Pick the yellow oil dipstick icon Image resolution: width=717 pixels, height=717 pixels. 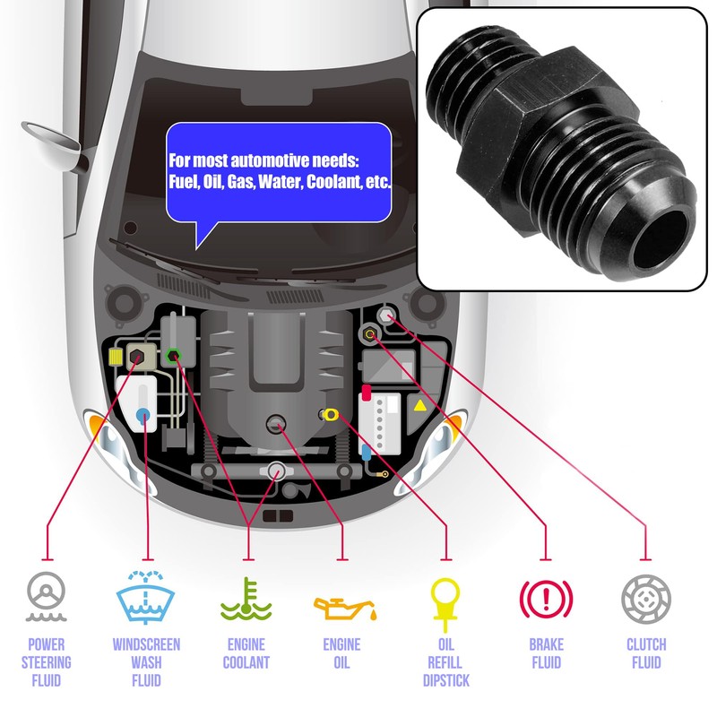click(x=445, y=600)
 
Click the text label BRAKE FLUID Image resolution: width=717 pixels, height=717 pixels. click(x=546, y=653)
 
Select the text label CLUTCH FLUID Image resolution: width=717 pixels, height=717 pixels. click(x=646, y=653)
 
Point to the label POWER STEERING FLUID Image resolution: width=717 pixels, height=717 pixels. click(x=46, y=663)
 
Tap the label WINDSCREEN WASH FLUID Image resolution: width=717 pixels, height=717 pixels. click(x=146, y=663)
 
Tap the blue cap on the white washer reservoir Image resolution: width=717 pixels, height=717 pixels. click(x=143, y=413)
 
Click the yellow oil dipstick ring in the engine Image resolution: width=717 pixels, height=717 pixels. click(x=331, y=414)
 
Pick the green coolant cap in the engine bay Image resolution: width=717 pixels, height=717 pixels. click(x=174, y=355)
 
